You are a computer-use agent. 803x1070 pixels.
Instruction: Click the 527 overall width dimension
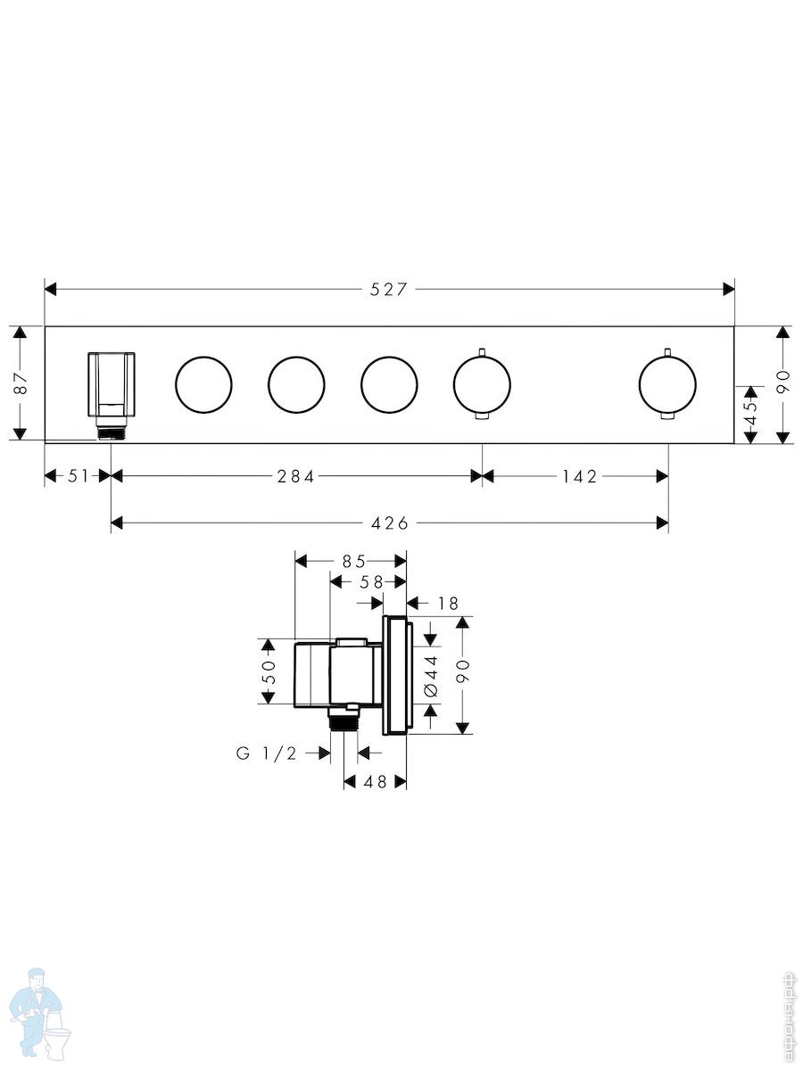[388, 290]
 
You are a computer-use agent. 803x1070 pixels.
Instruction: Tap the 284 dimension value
[296, 476]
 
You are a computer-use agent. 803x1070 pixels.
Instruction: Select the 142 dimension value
[580, 476]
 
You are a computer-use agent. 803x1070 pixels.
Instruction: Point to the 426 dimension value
[390, 523]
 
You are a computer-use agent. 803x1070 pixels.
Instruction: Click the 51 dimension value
[78, 476]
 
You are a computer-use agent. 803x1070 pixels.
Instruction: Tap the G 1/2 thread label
[266, 753]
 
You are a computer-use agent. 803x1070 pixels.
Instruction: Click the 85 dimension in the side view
[353, 562]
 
